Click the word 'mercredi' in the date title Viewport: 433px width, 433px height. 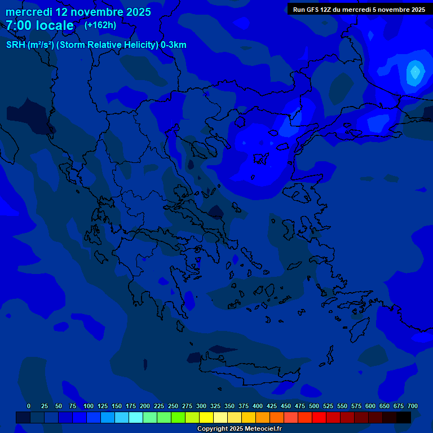tap(29, 12)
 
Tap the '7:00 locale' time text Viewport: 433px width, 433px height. tap(39, 25)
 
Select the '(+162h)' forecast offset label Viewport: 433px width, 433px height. tap(100, 25)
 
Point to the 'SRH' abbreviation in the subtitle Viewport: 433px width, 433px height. tap(17, 45)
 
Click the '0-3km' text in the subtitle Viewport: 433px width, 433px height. tap(174, 45)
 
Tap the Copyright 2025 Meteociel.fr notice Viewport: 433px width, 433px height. tap(239, 428)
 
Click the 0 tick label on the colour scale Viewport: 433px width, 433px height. tap(29, 407)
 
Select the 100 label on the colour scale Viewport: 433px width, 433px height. tap(89, 407)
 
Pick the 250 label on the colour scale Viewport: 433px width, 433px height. tap(173, 407)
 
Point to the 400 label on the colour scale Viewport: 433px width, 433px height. tap(258, 407)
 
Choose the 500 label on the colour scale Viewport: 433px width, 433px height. tap(314, 407)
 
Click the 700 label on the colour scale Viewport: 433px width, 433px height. tap(413, 407)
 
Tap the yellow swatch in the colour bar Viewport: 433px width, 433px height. tap(206, 418)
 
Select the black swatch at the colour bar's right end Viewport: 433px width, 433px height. tap(404, 418)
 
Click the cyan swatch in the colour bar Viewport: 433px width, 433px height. tap(136, 418)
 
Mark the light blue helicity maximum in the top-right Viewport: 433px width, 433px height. tap(416, 72)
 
